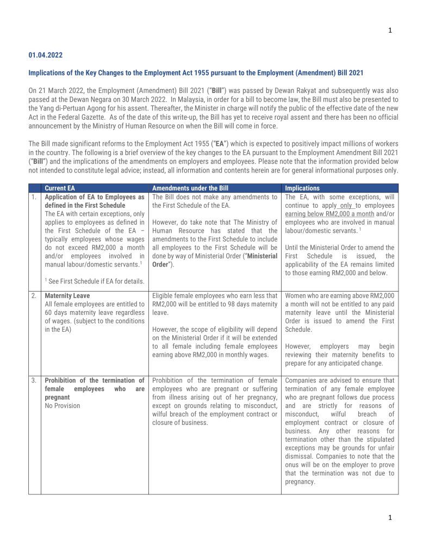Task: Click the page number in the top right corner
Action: (390, 30)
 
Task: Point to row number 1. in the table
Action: (34, 197)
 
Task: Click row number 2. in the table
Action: (34, 296)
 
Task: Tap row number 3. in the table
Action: (34, 380)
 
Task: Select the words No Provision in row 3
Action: (62, 406)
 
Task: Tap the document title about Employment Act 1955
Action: (196, 73)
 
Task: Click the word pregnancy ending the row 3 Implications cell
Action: (300, 482)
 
